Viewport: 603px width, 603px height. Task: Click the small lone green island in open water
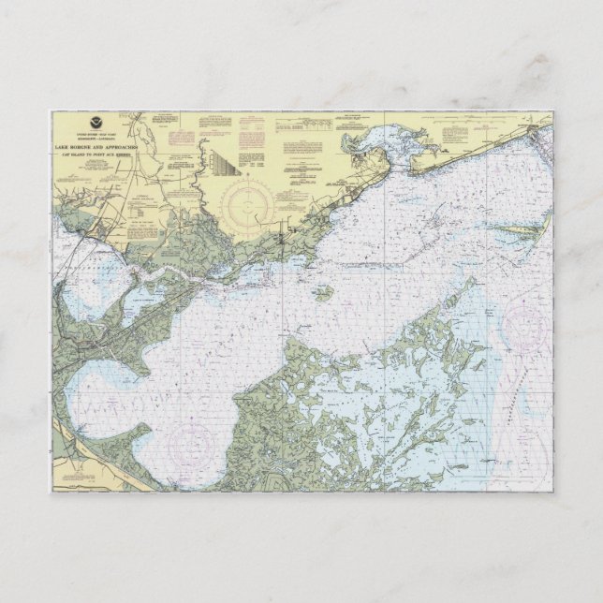(322, 293)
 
